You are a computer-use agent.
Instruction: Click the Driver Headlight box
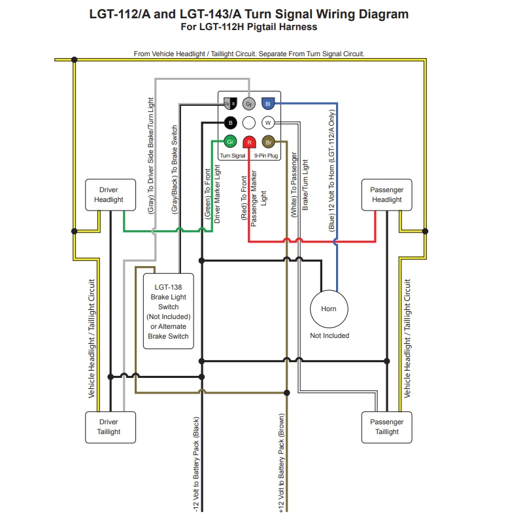108,195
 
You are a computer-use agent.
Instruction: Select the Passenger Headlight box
387,195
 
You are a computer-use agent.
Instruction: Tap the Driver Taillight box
109,427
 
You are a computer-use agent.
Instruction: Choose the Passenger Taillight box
387,427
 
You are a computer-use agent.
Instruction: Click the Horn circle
329,309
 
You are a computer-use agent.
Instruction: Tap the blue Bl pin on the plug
267,104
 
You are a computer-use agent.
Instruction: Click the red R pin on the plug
249,142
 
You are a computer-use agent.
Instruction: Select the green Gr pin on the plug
229,142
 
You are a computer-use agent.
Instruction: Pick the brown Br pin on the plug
267,142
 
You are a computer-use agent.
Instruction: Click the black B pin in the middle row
229,123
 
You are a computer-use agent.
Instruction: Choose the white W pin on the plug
267,123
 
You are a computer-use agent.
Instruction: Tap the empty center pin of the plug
248,123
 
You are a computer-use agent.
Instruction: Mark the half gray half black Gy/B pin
229,104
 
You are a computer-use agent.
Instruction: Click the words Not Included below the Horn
329,335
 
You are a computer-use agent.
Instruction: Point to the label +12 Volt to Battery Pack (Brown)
281,464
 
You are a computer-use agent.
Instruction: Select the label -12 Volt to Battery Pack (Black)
195,464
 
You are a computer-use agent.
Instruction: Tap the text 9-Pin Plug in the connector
266,156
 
